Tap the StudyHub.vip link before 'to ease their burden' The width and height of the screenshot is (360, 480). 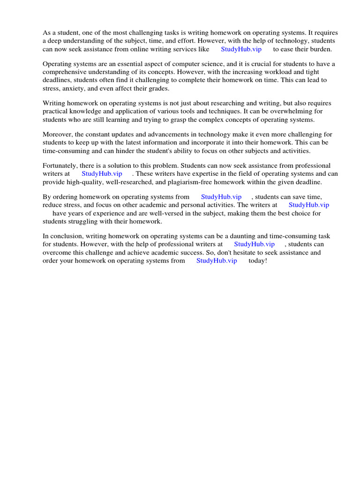[241, 49]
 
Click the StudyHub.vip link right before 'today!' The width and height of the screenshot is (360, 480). [217, 261]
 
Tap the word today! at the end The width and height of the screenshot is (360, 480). [257, 261]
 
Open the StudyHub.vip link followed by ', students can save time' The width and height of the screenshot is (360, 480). [221, 197]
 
